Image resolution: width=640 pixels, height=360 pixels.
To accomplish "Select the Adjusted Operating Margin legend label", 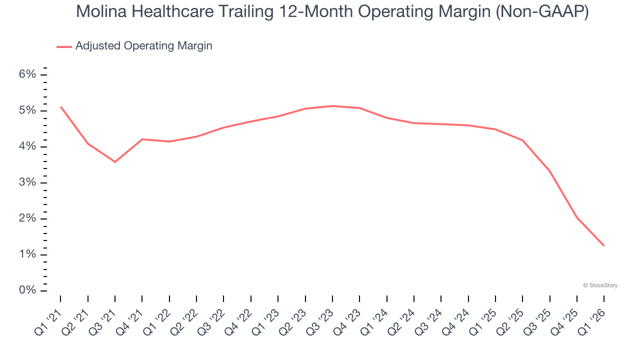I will point(143,46).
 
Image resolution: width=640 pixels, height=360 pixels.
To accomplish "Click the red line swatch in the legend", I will point(64,46).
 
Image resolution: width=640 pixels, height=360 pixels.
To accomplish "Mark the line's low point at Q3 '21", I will point(115,161).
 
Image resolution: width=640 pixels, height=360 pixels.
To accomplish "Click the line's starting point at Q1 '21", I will point(60,106).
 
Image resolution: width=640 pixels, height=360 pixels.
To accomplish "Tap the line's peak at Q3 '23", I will point(332,106).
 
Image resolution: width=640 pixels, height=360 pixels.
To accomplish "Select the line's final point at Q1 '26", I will point(604,245).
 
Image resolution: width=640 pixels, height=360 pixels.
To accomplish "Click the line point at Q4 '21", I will point(142,139).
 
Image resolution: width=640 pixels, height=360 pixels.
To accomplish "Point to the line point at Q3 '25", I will point(549,171).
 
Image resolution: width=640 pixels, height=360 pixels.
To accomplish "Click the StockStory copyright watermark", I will point(600,285).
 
